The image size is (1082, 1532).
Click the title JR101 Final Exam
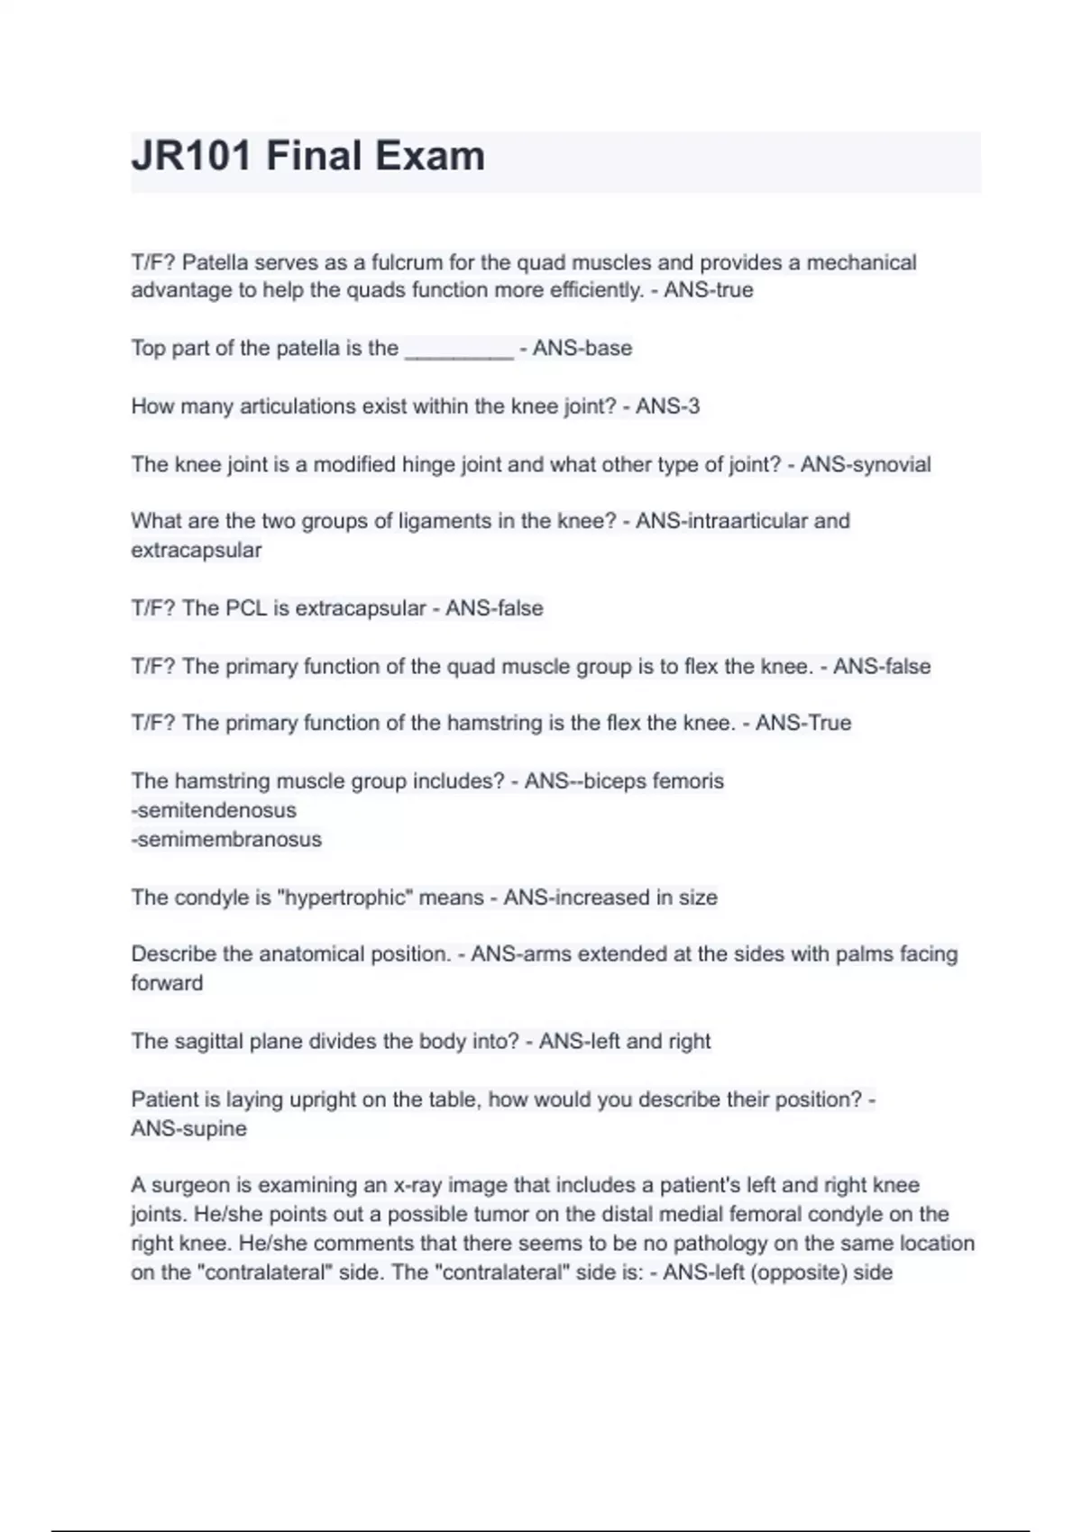point(308,157)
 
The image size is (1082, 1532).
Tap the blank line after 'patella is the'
point(459,350)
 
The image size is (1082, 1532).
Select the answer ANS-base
point(582,349)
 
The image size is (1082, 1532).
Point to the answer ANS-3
point(667,406)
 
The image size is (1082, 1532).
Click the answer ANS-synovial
point(866,465)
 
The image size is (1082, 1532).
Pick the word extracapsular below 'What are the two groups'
point(196,551)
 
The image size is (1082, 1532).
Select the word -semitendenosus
point(214,810)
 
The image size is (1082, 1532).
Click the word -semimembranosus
point(226,839)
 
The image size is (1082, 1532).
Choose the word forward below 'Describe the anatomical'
point(167,983)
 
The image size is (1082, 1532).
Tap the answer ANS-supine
point(188,1129)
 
